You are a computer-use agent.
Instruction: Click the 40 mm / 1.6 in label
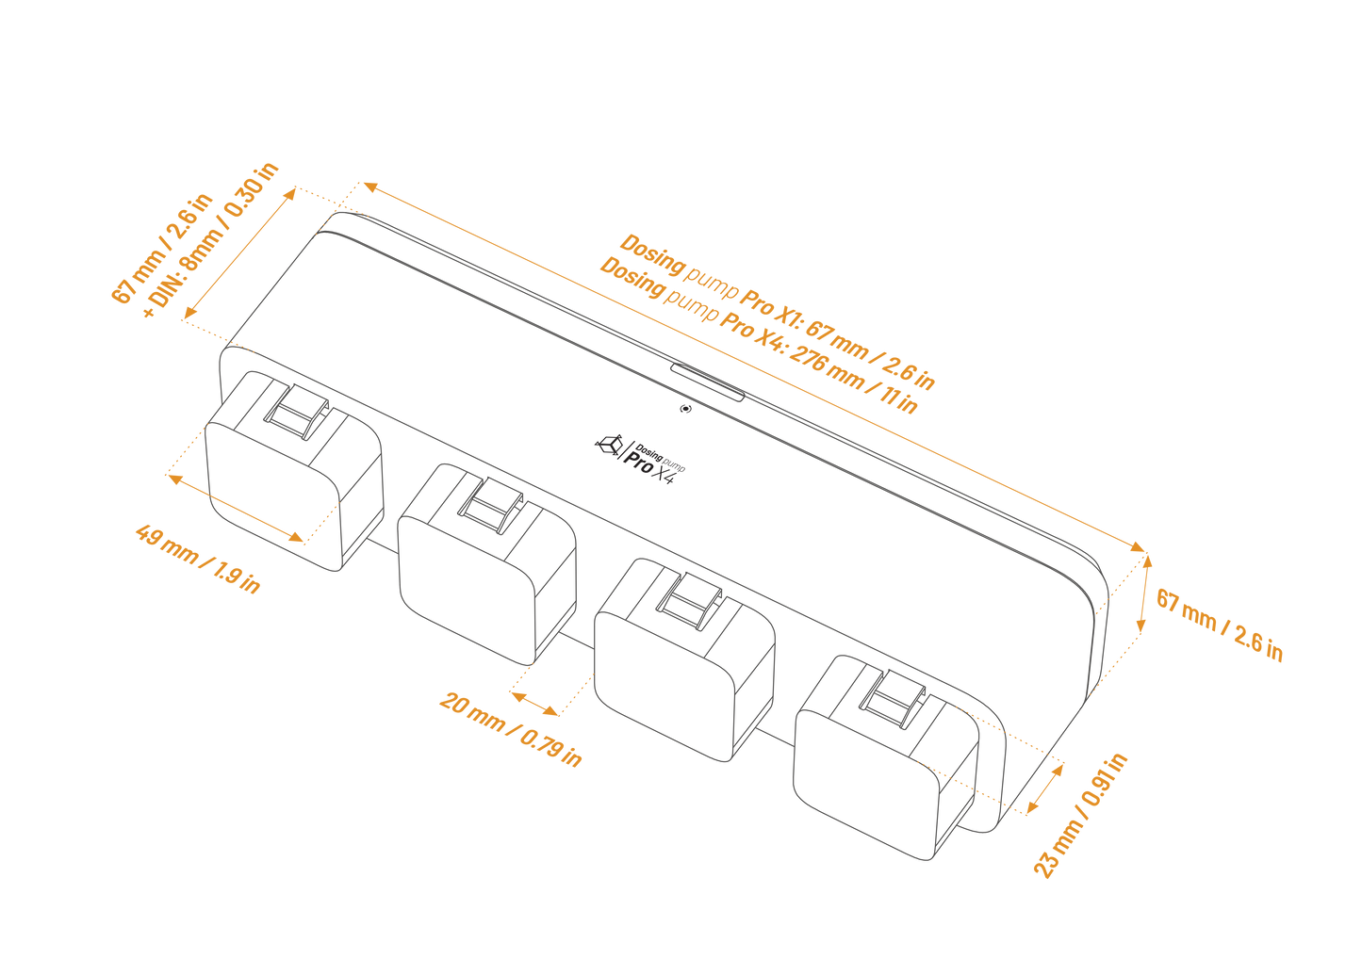[x=198, y=558]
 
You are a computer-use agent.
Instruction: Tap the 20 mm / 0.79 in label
[x=510, y=729]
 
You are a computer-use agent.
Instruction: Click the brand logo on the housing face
[x=642, y=456]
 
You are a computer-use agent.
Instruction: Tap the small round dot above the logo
[x=685, y=409]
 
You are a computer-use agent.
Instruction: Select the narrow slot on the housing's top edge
[x=707, y=379]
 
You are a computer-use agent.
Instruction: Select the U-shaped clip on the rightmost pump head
[x=890, y=706]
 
